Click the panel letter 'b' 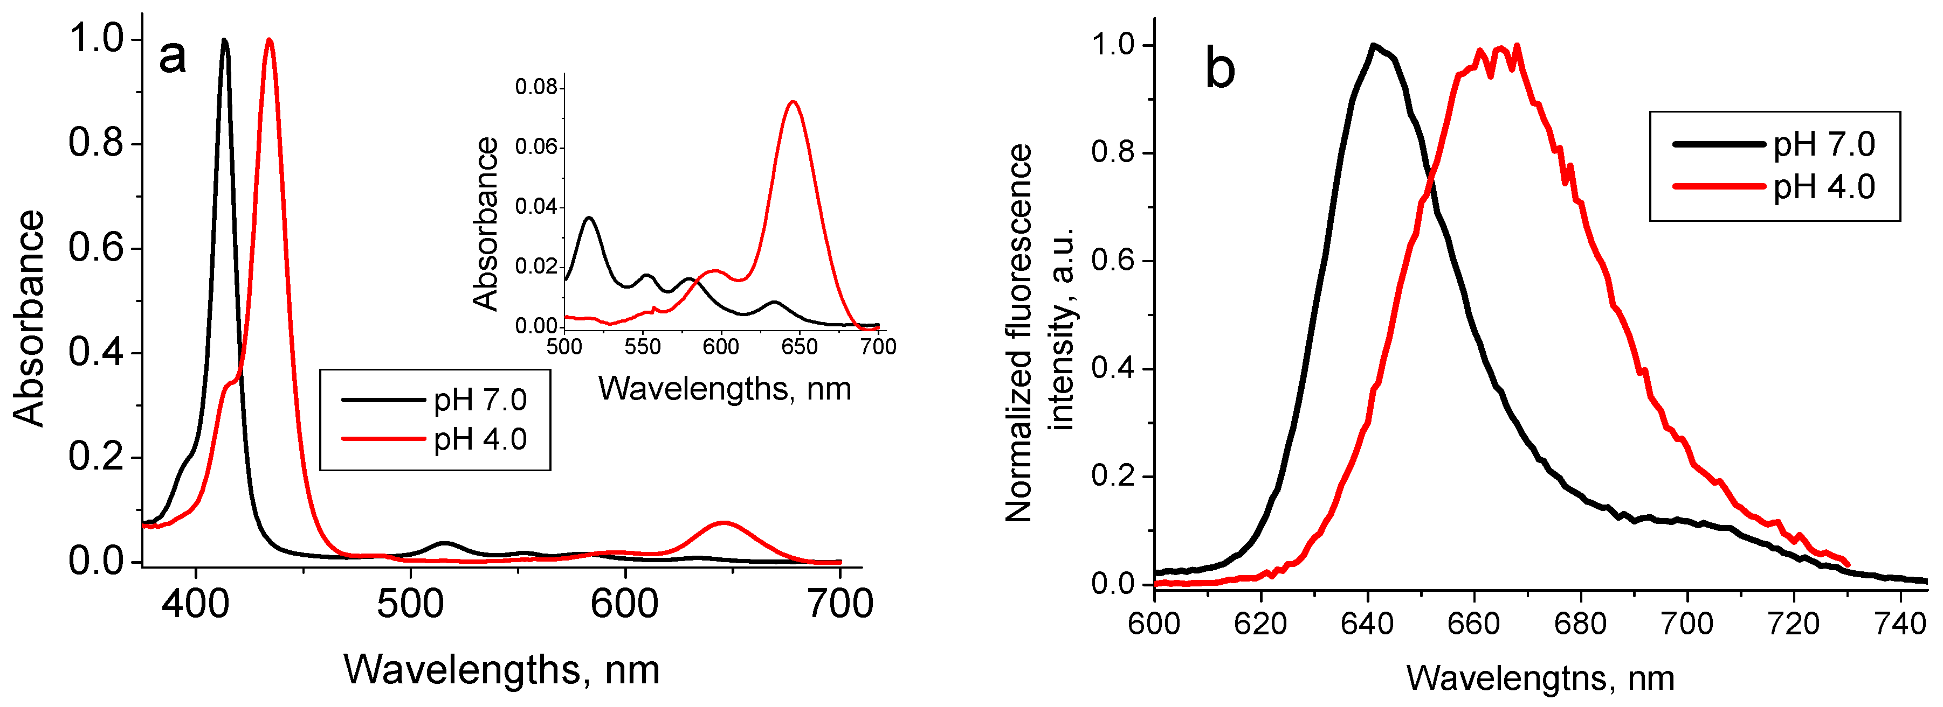tap(1219, 68)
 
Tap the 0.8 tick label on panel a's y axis tap(96, 143)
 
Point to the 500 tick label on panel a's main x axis tap(410, 605)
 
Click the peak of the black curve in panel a tap(224, 41)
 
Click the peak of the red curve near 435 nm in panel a tap(269, 41)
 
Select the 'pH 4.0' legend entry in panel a tap(480, 439)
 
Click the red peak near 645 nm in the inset tap(792, 102)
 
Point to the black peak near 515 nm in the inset tap(589, 218)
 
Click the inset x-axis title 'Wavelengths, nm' tap(724, 389)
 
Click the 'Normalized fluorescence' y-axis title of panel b tap(1019, 332)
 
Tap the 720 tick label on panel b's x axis tap(1794, 624)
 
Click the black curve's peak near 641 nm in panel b tap(1374, 45)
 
